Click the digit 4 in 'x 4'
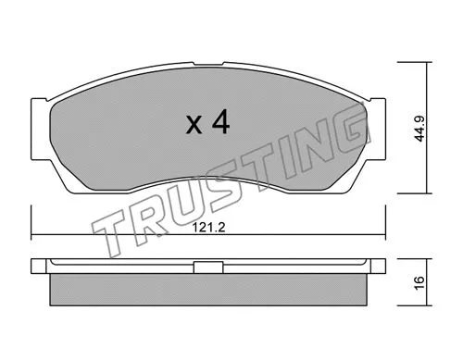tap(220, 125)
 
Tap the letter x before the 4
tap(194, 128)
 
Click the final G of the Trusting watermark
tap(345, 135)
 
